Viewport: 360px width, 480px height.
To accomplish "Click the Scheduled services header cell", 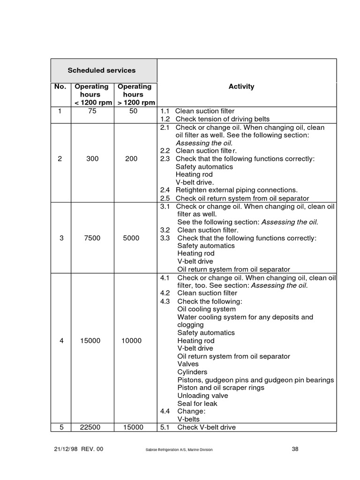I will pyautogui.click(x=101, y=70).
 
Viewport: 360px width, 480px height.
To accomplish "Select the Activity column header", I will pyautogui.click(x=241, y=86).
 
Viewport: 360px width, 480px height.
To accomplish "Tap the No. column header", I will pyautogui.click(x=60, y=87).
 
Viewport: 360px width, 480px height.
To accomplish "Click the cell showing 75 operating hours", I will pyautogui.click(x=92, y=111).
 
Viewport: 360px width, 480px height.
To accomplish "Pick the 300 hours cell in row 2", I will pyautogui.click(x=92, y=159).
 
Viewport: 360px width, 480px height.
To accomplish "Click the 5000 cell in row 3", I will pyautogui.click(x=131, y=238).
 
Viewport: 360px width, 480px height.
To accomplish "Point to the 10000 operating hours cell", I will pyautogui.click(x=131, y=341).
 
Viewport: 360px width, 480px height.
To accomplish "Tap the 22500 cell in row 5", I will pyautogui.click(x=90, y=427).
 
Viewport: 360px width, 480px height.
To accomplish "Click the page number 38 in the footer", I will pyautogui.click(x=295, y=449).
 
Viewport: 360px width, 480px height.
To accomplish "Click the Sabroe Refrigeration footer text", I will pyautogui.click(x=179, y=450).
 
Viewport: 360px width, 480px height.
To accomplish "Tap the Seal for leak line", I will pyautogui.click(x=197, y=404).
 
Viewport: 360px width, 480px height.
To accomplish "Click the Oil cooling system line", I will pyautogui.click(x=206, y=309).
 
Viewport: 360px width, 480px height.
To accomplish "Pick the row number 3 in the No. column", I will pyautogui.click(x=61, y=238).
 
